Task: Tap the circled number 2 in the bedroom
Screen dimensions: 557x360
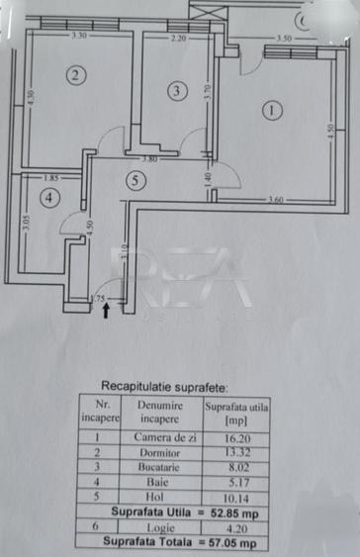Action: [x=72, y=73]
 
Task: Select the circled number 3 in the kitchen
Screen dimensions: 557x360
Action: [x=176, y=91]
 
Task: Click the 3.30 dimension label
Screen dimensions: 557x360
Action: [x=79, y=37]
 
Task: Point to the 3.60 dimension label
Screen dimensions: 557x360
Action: [x=277, y=202]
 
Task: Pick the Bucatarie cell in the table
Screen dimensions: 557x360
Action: [x=159, y=466]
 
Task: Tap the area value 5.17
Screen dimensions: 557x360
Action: [x=236, y=482]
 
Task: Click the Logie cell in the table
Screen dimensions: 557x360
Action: [x=159, y=528]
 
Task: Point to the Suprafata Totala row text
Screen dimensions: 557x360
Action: [x=178, y=543]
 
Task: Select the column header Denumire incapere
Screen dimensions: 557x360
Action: [x=159, y=411]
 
